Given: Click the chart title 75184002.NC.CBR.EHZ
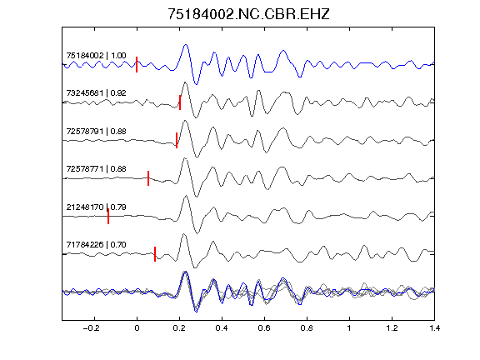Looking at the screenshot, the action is click(x=248, y=14).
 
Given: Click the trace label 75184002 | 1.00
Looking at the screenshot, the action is click(x=96, y=56).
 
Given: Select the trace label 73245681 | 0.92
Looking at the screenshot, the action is click(x=96, y=93).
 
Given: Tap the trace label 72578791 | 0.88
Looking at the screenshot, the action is click(x=96, y=132).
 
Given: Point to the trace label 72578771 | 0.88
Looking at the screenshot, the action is click(x=96, y=169).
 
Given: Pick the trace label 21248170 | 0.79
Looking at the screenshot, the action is click(x=96, y=207).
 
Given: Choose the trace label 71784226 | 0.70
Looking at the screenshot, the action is click(x=96, y=245).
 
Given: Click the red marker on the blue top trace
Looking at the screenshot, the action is click(x=137, y=65).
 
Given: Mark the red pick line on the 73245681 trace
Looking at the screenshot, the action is click(x=180, y=102).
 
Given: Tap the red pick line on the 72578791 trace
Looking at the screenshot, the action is click(x=177, y=140).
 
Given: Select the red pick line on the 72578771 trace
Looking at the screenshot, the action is click(x=148, y=178).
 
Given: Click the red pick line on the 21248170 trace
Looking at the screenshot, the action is click(x=108, y=216).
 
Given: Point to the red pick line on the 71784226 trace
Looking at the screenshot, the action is click(x=155, y=254).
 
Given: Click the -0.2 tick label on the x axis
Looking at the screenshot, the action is click(x=92, y=328).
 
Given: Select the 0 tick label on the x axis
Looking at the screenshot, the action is click(x=137, y=328).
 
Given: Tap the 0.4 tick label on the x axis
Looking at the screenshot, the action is click(x=222, y=328).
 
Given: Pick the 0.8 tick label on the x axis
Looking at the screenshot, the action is click(x=307, y=328).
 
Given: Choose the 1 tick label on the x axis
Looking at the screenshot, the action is click(x=349, y=328).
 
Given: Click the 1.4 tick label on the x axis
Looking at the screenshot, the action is click(x=434, y=328).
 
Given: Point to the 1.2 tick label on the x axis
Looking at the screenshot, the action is click(x=392, y=328).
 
